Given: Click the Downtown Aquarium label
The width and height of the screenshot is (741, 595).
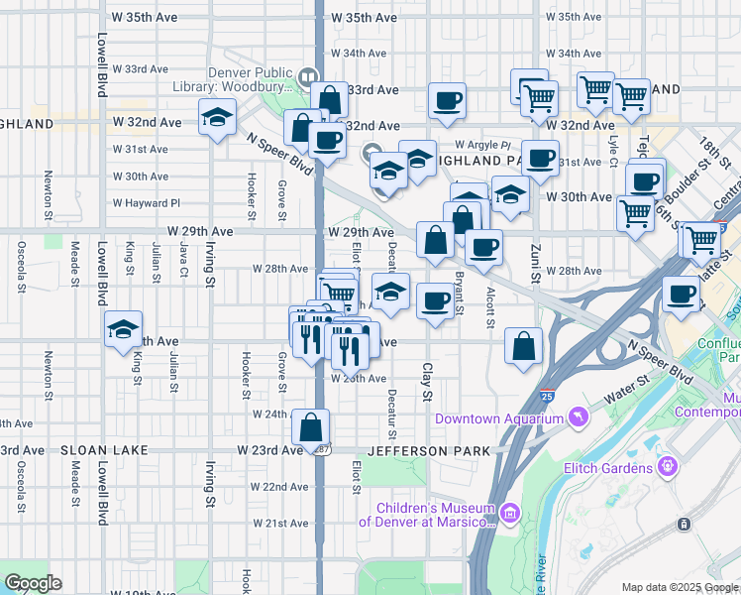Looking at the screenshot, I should point(498,419).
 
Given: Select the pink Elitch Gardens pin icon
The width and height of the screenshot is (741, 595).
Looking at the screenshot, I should point(669,465).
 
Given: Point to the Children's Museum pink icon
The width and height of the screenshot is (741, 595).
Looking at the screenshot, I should point(510,513).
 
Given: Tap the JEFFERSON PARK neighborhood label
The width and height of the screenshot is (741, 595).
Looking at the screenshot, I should point(428,451).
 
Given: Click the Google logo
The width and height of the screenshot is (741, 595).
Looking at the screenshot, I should point(33,582).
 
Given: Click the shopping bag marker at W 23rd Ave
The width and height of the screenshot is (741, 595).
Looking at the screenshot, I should point(311,426).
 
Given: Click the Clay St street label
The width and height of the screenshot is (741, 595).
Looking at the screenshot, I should point(428,382).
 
